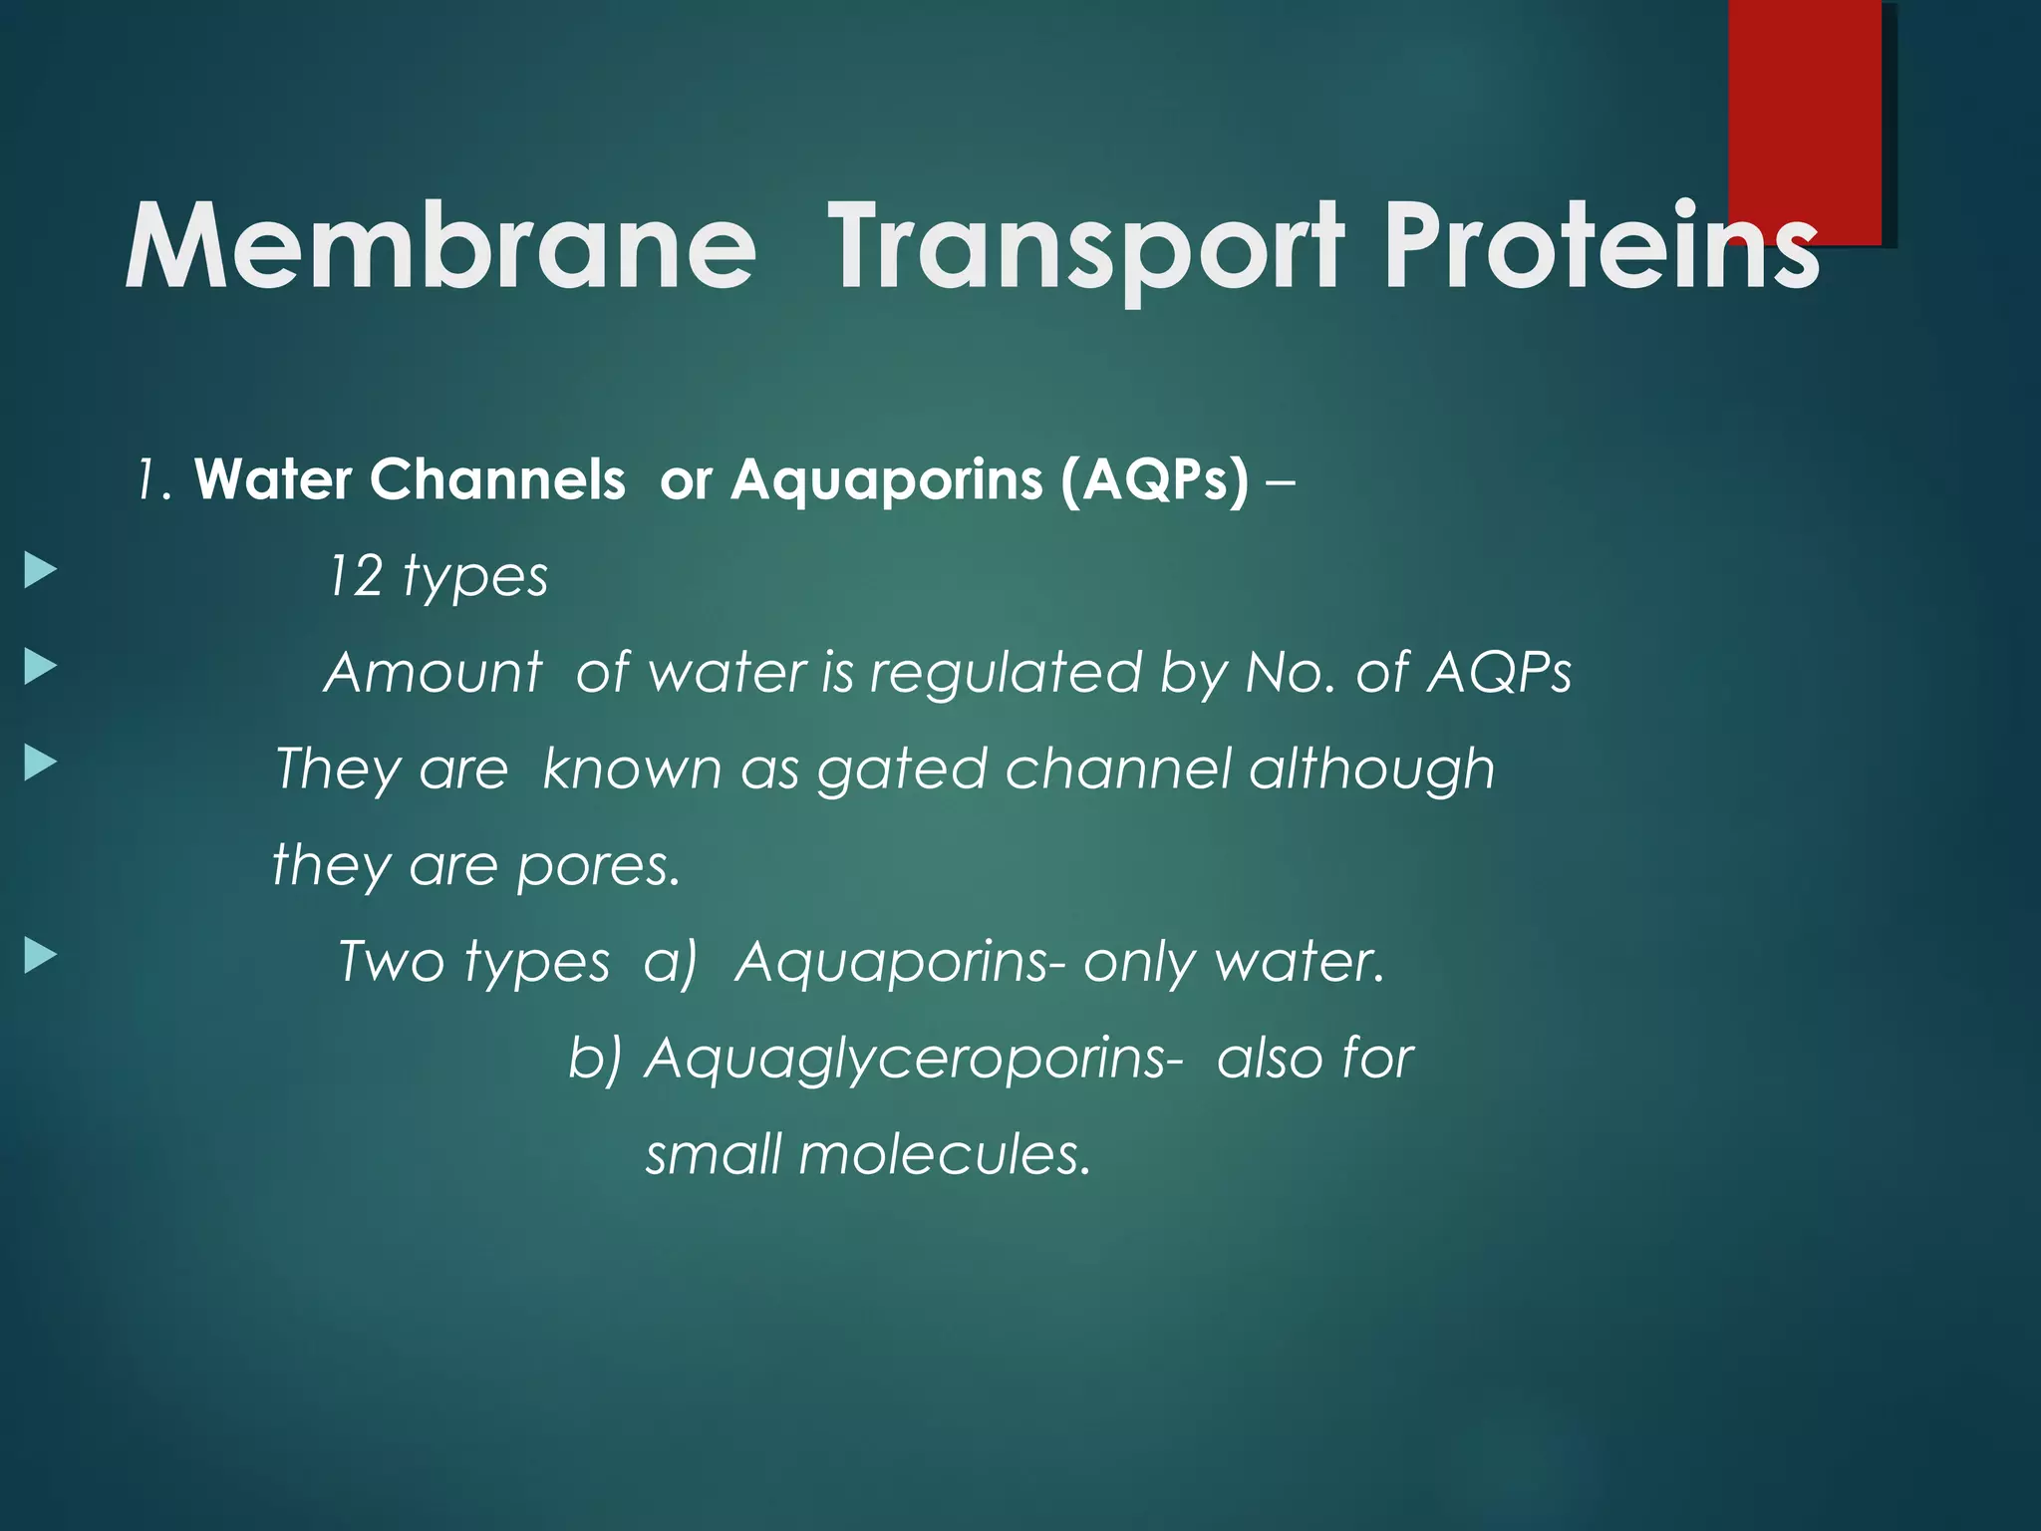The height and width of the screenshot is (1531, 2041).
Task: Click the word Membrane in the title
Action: pos(439,247)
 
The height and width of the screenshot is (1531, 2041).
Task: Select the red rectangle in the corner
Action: pos(1804,110)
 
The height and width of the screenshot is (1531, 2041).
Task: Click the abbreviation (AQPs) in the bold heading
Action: pos(1154,480)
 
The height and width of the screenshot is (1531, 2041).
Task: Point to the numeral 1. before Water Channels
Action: pos(154,480)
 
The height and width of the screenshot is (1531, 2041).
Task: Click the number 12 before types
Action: pos(355,577)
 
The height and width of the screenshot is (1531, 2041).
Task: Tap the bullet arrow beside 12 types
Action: pos(40,572)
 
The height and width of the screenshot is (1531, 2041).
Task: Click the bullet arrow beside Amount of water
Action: pos(40,667)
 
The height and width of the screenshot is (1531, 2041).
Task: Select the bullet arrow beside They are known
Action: pos(40,764)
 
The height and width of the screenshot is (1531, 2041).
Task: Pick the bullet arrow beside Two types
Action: pos(40,956)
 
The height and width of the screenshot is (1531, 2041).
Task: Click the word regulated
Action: pos(1005,673)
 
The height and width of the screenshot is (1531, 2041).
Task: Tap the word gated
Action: pos(901,770)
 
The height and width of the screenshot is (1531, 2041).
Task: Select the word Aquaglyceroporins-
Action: pos(914,1059)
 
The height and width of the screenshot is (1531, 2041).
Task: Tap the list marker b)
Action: pos(595,1058)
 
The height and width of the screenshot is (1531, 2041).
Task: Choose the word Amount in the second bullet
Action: pos(434,673)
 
